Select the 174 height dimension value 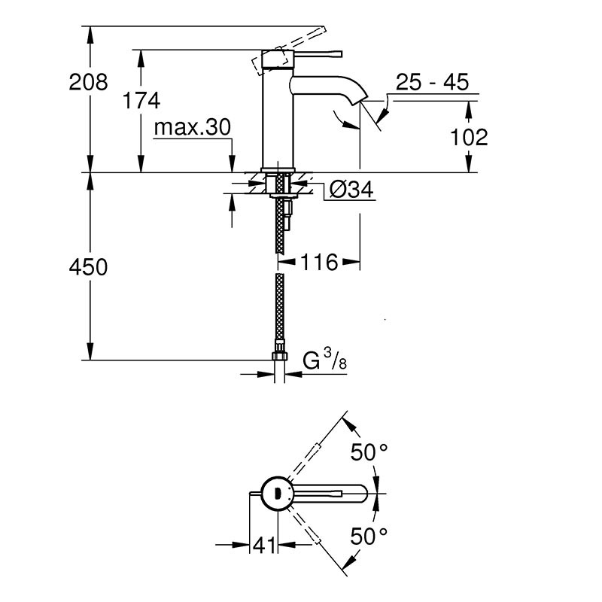(142, 99)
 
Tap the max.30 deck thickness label (191, 128)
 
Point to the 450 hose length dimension (88, 266)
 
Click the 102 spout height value (470, 137)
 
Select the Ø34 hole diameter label (351, 191)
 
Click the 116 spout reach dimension (319, 263)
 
